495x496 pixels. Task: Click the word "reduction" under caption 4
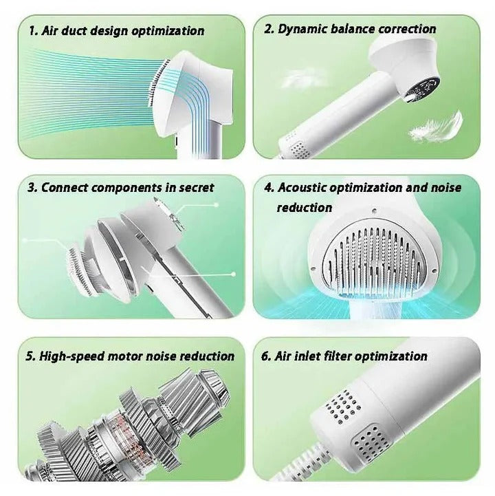(305, 208)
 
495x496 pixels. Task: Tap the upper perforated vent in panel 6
(340, 406)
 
